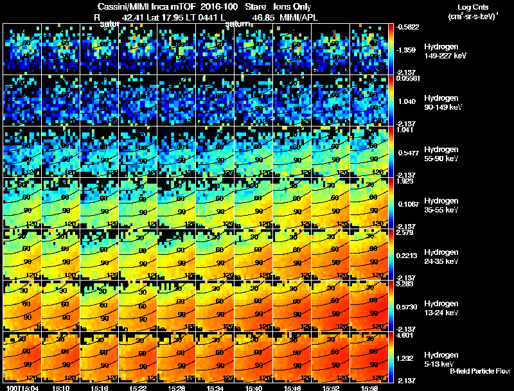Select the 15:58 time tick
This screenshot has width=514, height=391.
[369, 388]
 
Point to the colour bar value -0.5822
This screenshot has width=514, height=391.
[409, 26]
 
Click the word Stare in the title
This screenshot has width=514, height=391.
[256, 6]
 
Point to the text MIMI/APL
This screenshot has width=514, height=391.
[299, 17]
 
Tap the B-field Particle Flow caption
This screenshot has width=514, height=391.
[479, 371]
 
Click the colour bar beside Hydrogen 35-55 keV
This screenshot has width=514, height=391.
[391, 203]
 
